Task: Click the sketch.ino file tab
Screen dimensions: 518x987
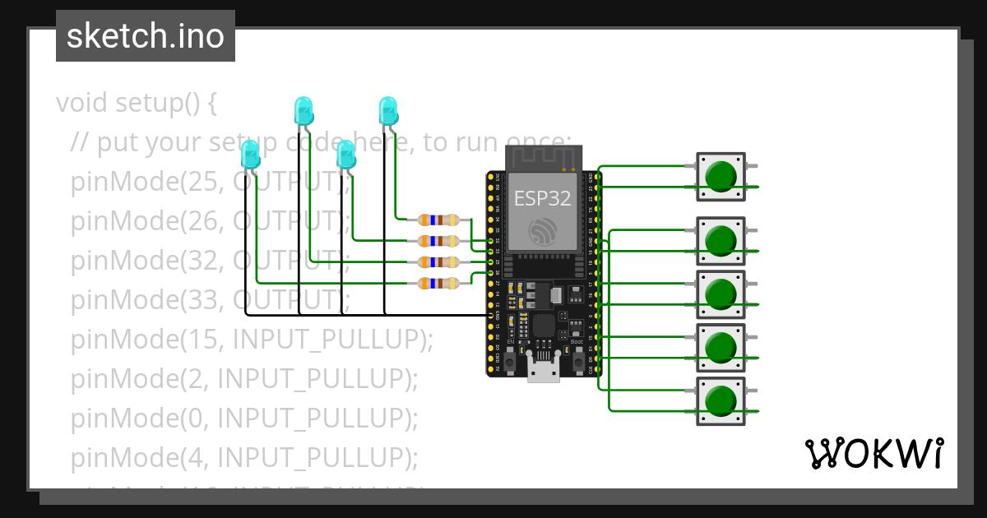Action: pyautogui.click(x=146, y=36)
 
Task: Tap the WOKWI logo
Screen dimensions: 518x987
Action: pyautogui.click(x=873, y=454)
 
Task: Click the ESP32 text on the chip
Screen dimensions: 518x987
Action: pyautogui.click(x=542, y=198)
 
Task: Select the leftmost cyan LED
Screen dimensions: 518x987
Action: pyautogui.click(x=250, y=155)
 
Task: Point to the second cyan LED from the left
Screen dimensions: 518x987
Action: pyautogui.click(x=304, y=110)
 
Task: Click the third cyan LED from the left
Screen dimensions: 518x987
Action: pyautogui.click(x=346, y=155)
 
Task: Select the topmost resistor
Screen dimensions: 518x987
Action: pyautogui.click(x=439, y=220)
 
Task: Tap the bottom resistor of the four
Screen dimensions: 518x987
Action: pyautogui.click(x=439, y=284)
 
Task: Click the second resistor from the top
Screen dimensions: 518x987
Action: pyautogui.click(x=439, y=241)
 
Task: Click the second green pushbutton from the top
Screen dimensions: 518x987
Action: pyautogui.click(x=721, y=241)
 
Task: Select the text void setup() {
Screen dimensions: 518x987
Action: pyautogui.click(x=137, y=104)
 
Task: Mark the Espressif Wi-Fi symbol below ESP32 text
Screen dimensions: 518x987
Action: pyautogui.click(x=543, y=231)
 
